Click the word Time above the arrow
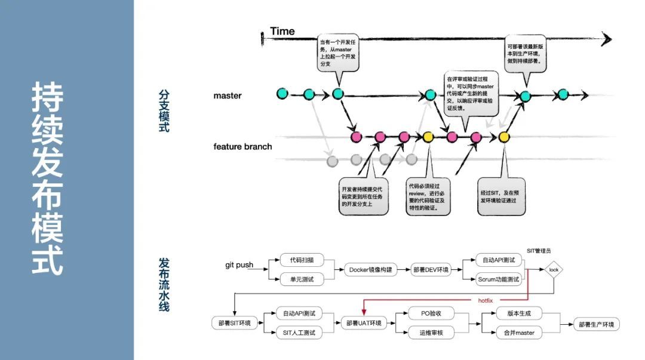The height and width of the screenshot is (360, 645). (282, 31)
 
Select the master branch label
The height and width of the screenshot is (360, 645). (228, 96)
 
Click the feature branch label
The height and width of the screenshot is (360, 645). (242, 146)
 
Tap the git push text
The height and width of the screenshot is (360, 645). (239, 265)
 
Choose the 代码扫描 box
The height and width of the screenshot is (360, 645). (302, 260)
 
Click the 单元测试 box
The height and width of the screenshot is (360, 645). (302, 279)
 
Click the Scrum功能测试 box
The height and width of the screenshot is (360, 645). (499, 279)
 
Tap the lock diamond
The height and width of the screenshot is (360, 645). (553, 270)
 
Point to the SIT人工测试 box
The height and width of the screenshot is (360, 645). (299, 333)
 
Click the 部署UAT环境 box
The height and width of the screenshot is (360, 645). (364, 324)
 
